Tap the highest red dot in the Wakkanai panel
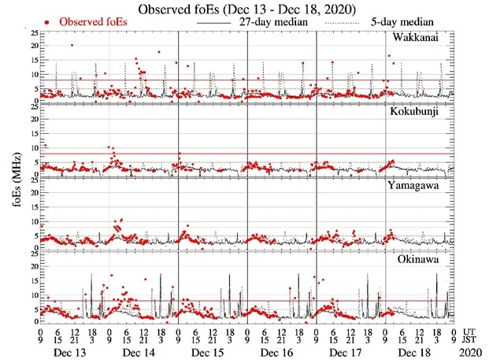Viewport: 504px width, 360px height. click(72, 45)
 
